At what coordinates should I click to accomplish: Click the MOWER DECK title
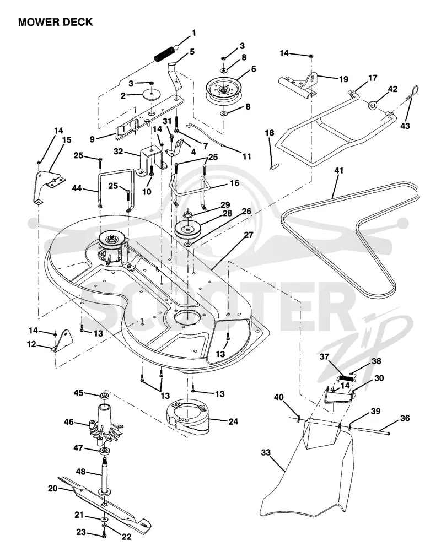pyautogui.click(x=56, y=22)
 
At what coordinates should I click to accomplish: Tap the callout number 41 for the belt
pyautogui.click(x=339, y=170)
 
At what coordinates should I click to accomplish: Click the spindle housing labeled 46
pyautogui.click(x=105, y=424)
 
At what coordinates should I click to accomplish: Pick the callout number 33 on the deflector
pyautogui.click(x=266, y=452)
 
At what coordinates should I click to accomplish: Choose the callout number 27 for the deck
pyautogui.click(x=249, y=235)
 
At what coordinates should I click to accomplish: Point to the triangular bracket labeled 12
pyautogui.click(x=62, y=340)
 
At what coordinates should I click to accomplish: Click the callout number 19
pyautogui.click(x=343, y=79)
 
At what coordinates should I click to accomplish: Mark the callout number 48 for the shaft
pyautogui.click(x=80, y=472)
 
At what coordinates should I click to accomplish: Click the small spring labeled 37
pyautogui.click(x=346, y=378)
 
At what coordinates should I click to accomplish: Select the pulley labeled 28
pyautogui.click(x=189, y=230)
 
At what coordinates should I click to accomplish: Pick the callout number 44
pyautogui.click(x=77, y=188)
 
